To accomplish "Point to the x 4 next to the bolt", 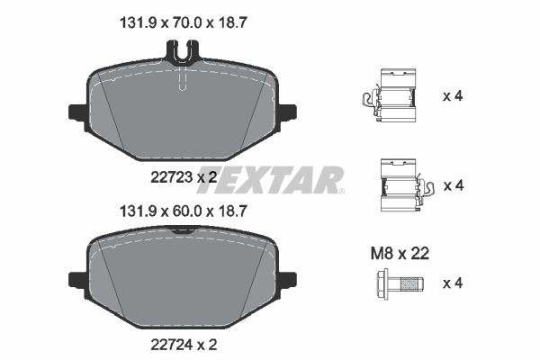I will click(x=453, y=283).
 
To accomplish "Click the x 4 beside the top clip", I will click(x=453, y=95).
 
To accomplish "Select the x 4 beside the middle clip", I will click(x=453, y=185).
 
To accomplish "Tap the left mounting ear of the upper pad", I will click(x=76, y=113).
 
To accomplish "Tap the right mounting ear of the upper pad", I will click(x=288, y=113).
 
